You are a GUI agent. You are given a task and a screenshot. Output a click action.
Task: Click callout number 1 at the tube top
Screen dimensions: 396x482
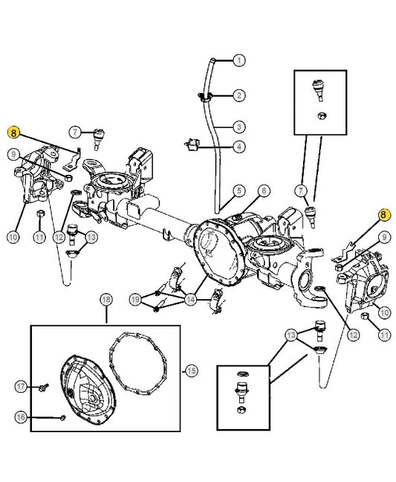point(239,60)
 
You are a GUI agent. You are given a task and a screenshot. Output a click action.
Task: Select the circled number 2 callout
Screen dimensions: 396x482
point(239,95)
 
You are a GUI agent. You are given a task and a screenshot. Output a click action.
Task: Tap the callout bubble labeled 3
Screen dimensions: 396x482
point(239,126)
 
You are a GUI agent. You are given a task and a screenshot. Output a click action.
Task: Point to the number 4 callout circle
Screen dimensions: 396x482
point(239,147)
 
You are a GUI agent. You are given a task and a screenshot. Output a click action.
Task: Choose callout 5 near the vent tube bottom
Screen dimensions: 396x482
point(239,190)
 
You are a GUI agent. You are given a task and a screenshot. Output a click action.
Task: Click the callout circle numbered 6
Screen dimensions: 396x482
point(264,190)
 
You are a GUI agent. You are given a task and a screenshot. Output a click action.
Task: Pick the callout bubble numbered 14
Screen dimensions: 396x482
point(191,299)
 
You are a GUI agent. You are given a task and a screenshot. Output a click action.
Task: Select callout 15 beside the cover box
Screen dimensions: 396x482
point(191,370)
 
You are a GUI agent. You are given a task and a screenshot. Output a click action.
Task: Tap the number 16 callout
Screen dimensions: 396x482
point(21,417)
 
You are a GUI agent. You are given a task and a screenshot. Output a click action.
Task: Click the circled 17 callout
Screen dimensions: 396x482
point(21,386)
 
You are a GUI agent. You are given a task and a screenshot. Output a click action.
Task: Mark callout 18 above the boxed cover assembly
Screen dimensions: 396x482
point(106,300)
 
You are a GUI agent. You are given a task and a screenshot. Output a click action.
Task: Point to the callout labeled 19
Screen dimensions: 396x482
point(135,299)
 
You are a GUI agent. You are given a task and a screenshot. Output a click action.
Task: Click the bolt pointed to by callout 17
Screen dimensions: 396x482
point(44,387)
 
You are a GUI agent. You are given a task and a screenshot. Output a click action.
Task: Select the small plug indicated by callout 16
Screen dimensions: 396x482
point(63,418)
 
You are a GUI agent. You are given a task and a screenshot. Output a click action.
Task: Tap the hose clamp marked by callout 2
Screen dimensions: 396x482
point(205,96)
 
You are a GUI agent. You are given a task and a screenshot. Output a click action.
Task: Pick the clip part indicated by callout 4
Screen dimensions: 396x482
point(192,144)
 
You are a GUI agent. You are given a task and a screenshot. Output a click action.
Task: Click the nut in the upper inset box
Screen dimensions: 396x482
point(321,116)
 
